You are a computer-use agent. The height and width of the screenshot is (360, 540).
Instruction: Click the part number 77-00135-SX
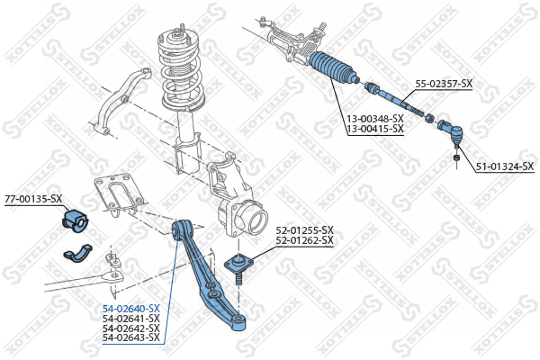[x=33, y=199]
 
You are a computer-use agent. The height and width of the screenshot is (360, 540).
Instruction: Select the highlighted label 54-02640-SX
[x=130, y=309]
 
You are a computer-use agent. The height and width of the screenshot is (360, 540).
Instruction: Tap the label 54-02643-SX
[x=130, y=337]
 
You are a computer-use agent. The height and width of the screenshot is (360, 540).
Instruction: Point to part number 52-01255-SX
[x=304, y=229]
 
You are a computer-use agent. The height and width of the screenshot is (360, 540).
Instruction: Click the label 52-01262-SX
[x=304, y=239]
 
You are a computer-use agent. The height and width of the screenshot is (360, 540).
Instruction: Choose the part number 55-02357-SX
[x=444, y=84]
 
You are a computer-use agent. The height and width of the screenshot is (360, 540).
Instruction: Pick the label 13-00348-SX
[x=375, y=119]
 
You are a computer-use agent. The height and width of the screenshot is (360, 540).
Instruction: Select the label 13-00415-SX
[x=375, y=129]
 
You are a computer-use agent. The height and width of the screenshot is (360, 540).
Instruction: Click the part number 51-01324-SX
[x=505, y=166]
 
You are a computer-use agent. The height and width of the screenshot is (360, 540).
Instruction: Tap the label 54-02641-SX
[x=130, y=318]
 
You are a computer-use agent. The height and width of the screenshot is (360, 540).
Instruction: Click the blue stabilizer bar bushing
[x=76, y=220]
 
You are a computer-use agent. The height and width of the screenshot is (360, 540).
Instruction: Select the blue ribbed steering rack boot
[x=333, y=67]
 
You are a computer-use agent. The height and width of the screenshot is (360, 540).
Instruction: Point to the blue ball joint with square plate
[x=238, y=266]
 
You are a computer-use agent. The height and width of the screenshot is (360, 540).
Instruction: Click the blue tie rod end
[x=450, y=131]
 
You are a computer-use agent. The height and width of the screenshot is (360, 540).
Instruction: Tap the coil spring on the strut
[x=181, y=69]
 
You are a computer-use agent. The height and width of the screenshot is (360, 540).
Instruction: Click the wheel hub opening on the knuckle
[x=257, y=221]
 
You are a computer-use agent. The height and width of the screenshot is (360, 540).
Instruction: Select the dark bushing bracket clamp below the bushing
[x=77, y=252]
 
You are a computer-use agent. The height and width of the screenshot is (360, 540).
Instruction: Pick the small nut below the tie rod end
[x=456, y=157]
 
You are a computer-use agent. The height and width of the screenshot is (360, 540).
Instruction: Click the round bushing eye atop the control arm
[x=181, y=228]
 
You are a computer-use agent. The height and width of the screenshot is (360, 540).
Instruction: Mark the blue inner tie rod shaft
[x=393, y=100]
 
